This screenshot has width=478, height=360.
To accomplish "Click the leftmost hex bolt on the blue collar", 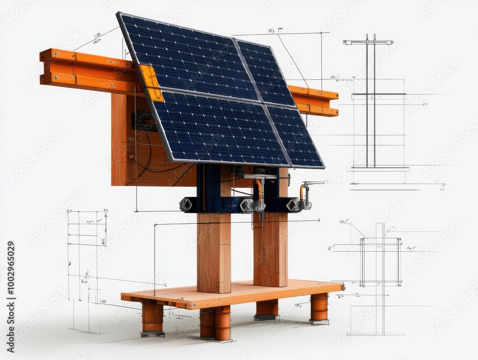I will pyautogui.click(x=185, y=205).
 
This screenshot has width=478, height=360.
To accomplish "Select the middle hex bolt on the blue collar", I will pyautogui.click(x=247, y=205).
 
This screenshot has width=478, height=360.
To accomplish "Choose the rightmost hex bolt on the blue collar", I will pyautogui.click(x=293, y=205).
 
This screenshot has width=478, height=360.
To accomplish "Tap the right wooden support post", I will pyautogui.click(x=271, y=249).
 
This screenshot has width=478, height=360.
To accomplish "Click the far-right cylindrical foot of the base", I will pyautogui.click(x=319, y=307).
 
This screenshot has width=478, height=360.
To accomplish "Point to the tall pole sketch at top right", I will pyautogui.click(x=370, y=100).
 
